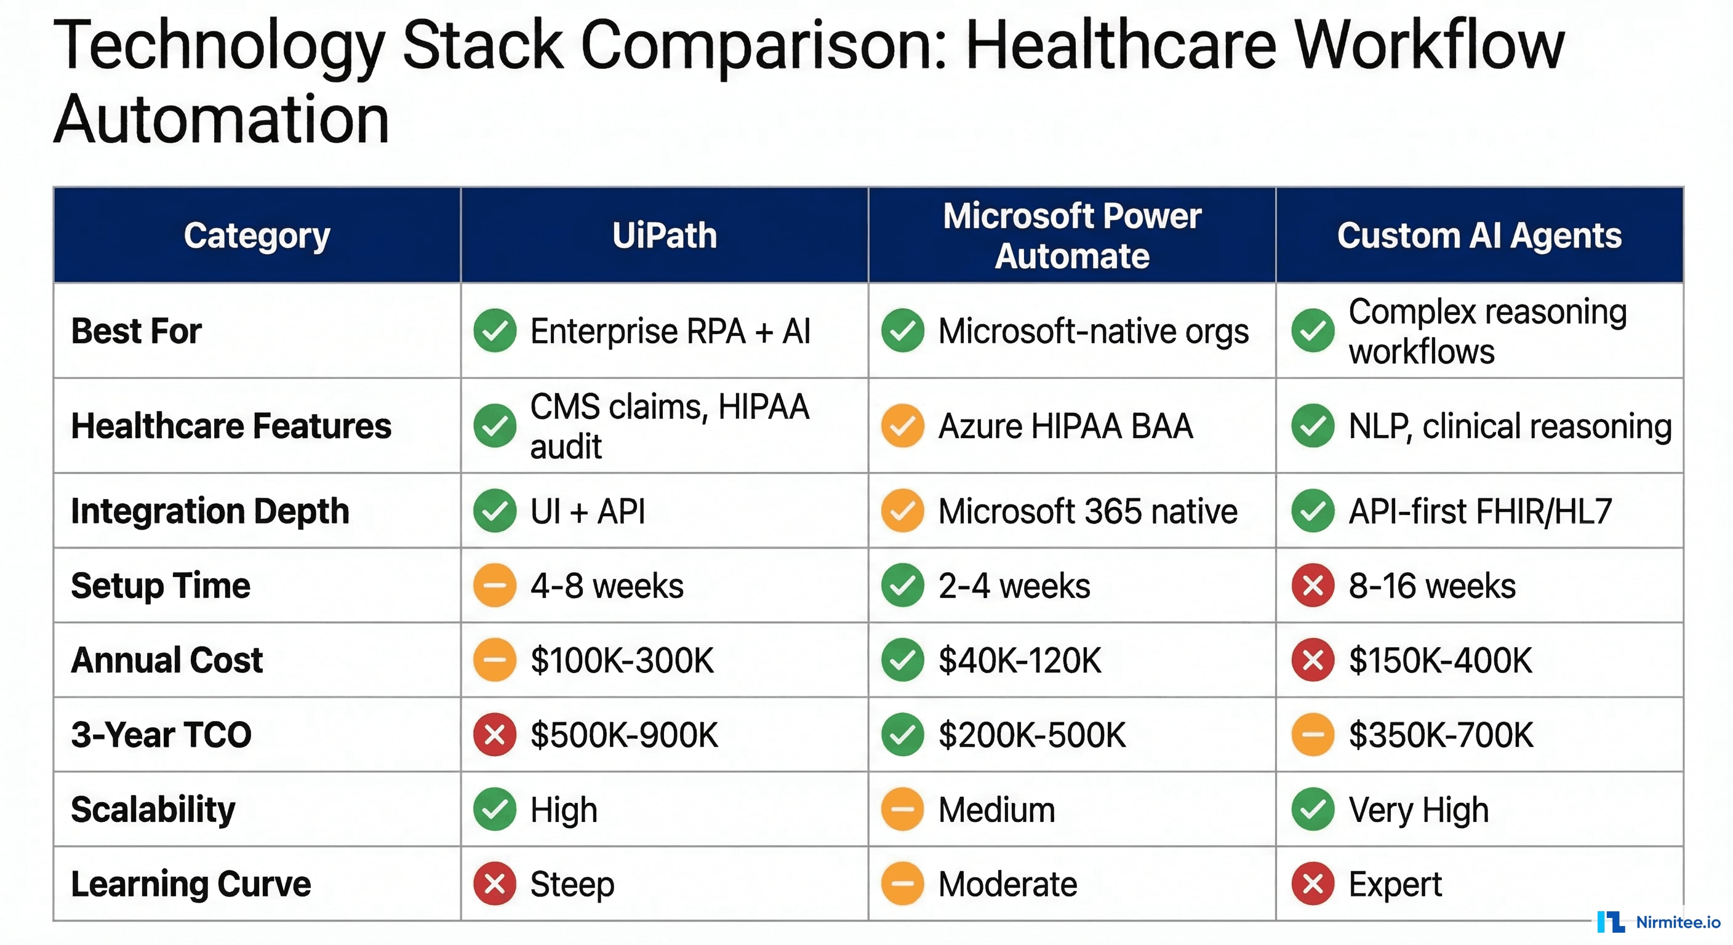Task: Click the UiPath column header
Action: click(x=664, y=236)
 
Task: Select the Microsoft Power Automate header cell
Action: click(x=1071, y=236)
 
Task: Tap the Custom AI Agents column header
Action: click(x=1479, y=236)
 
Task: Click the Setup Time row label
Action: click(x=161, y=585)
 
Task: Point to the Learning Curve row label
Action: click(x=191, y=884)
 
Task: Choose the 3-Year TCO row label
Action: click(x=161, y=735)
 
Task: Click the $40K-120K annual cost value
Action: click(x=1020, y=660)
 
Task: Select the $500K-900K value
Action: click(x=623, y=735)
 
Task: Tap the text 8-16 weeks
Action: click(x=1431, y=585)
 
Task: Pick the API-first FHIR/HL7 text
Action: click(x=1480, y=511)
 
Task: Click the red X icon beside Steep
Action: click(x=494, y=884)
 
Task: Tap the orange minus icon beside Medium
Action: click(x=902, y=809)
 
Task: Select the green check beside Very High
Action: click(x=1313, y=809)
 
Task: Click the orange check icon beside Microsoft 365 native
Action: click(x=902, y=511)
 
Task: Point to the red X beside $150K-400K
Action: click(x=1313, y=660)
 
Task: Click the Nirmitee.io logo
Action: click(x=1659, y=922)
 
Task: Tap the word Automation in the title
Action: click(x=222, y=120)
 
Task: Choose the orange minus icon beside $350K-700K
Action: click(x=1313, y=735)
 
